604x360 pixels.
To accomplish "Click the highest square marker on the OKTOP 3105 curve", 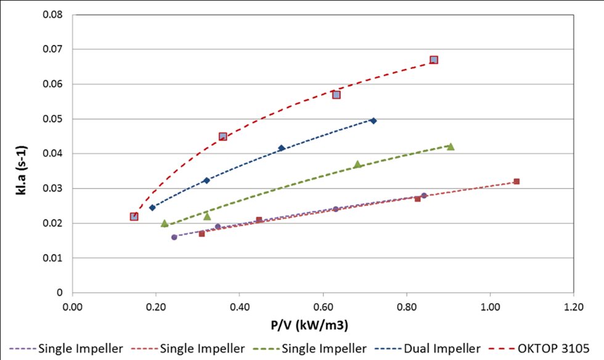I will [434, 60].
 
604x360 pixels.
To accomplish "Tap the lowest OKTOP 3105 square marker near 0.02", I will [134, 216].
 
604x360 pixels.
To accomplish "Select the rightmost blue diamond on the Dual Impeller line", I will [373, 121].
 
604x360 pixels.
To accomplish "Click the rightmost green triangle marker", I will [451, 147].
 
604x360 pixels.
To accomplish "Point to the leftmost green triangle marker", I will [165, 223].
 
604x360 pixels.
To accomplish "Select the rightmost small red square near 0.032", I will [516, 181].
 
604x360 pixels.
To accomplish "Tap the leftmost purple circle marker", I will [174, 237].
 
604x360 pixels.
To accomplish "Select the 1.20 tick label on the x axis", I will [574, 306].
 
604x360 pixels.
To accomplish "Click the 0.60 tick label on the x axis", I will [323, 306].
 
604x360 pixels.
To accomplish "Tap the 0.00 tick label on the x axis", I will [73, 306].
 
